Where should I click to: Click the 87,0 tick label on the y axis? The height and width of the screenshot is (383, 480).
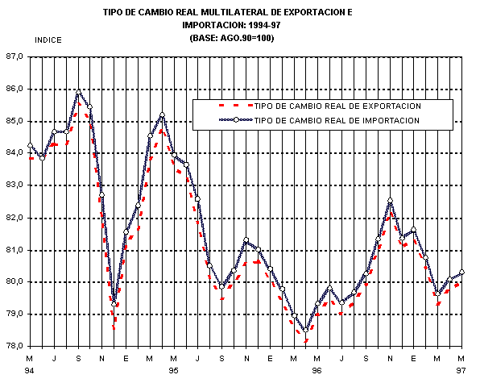14,56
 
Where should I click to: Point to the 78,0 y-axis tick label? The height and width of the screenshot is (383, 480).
14,346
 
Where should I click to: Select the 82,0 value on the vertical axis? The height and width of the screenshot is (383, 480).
14,218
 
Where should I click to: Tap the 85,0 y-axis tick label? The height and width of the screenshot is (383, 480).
14,121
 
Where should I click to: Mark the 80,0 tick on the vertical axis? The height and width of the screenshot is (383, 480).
14,281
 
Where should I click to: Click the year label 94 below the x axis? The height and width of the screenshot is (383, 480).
29,371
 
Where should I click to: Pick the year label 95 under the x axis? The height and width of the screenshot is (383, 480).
173,371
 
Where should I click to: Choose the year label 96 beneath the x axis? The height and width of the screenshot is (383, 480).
317,371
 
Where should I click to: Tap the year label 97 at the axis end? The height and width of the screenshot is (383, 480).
461,371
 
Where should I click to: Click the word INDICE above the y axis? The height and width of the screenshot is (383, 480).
48,40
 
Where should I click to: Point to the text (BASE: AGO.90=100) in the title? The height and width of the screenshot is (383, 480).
232,39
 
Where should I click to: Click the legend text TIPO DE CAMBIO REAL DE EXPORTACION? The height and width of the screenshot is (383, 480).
337,106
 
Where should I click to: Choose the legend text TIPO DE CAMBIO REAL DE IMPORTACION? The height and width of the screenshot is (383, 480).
337,120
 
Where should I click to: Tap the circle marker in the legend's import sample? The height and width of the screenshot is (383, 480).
236,120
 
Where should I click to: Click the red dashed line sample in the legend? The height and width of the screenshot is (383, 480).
236,106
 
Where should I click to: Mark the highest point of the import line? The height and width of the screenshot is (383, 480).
78,92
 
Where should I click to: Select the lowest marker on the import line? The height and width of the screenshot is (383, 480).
305,330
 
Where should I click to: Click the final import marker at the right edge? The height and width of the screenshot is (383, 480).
461,272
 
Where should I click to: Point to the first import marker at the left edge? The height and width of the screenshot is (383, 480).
30,145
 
